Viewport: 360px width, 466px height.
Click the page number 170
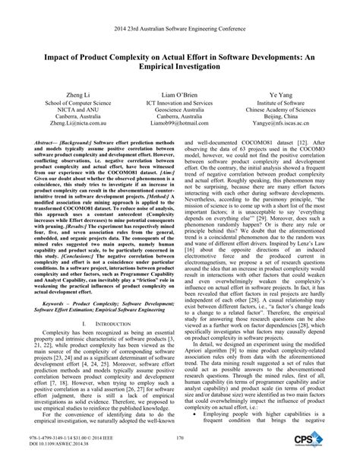coord(180,439)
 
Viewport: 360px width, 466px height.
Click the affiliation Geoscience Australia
coord(179,106)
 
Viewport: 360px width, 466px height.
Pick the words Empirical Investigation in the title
coord(180,66)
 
